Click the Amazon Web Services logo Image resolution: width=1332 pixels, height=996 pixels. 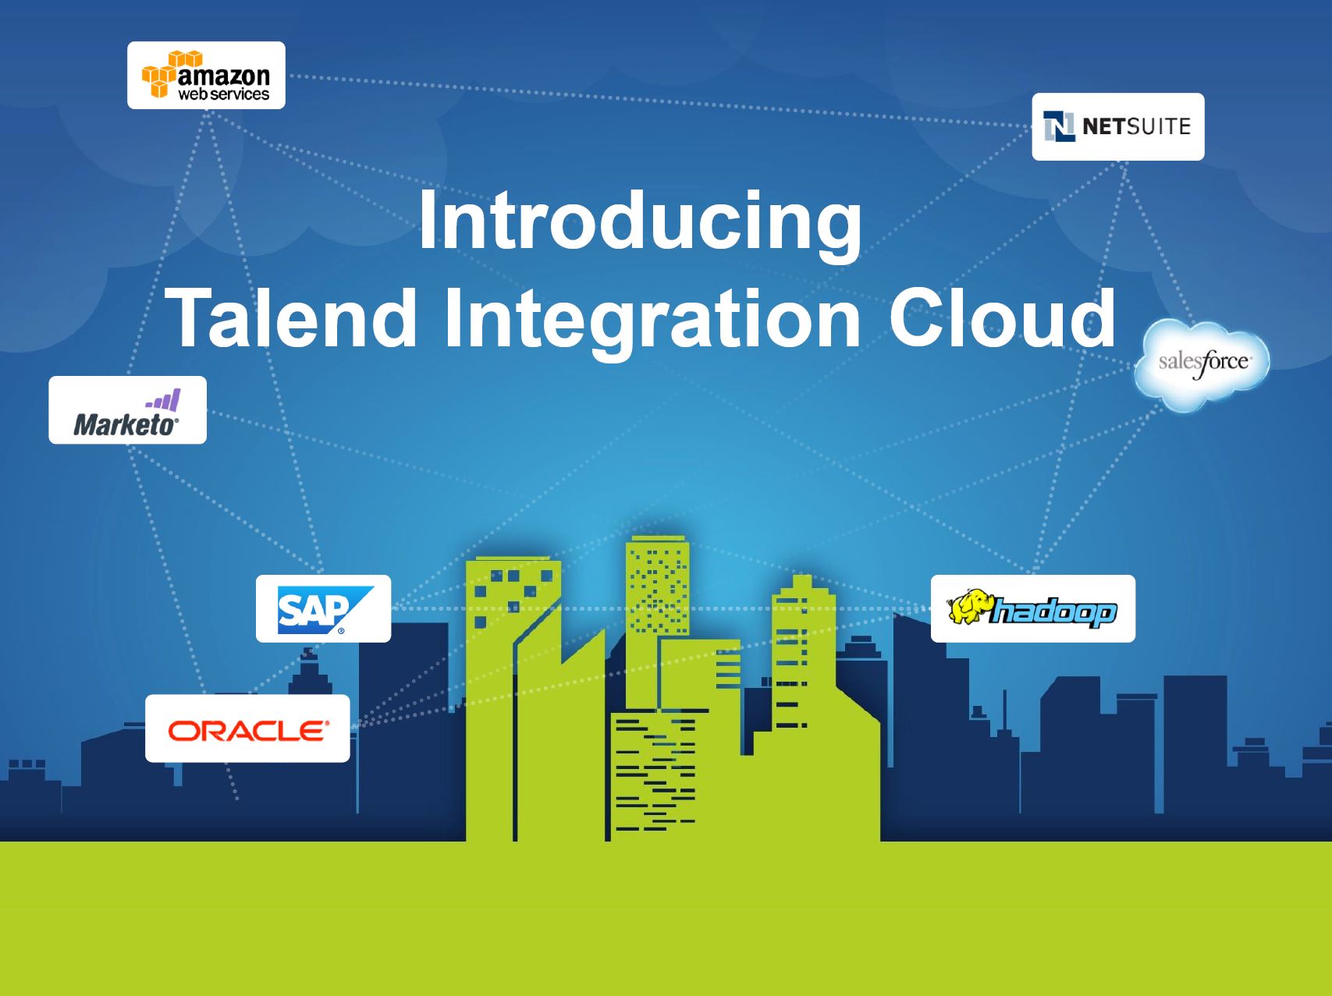click(x=206, y=75)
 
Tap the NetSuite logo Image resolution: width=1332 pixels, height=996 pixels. click(x=1117, y=126)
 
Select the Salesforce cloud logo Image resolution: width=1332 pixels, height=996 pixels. click(x=1202, y=364)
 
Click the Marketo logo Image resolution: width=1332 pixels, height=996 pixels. click(x=127, y=409)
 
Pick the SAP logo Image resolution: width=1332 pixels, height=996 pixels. click(x=323, y=608)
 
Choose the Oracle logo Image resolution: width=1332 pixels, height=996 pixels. click(x=247, y=728)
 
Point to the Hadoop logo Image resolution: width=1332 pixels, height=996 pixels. click(x=1033, y=608)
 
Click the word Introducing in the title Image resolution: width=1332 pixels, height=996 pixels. click(x=640, y=222)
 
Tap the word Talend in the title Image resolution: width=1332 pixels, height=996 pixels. click(x=293, y=317)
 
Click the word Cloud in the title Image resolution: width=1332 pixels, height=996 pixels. click(x=1003, y=317)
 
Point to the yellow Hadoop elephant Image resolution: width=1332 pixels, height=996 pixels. click(x=968, y=608)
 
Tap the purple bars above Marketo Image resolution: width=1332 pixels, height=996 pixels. click(x=163, y=401)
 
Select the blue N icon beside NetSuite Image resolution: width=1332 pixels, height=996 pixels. click(x=1059, y=126)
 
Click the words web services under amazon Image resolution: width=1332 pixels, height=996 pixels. click(x=224, y=94)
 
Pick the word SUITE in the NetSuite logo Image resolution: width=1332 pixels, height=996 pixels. click(x=1157, y=126)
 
